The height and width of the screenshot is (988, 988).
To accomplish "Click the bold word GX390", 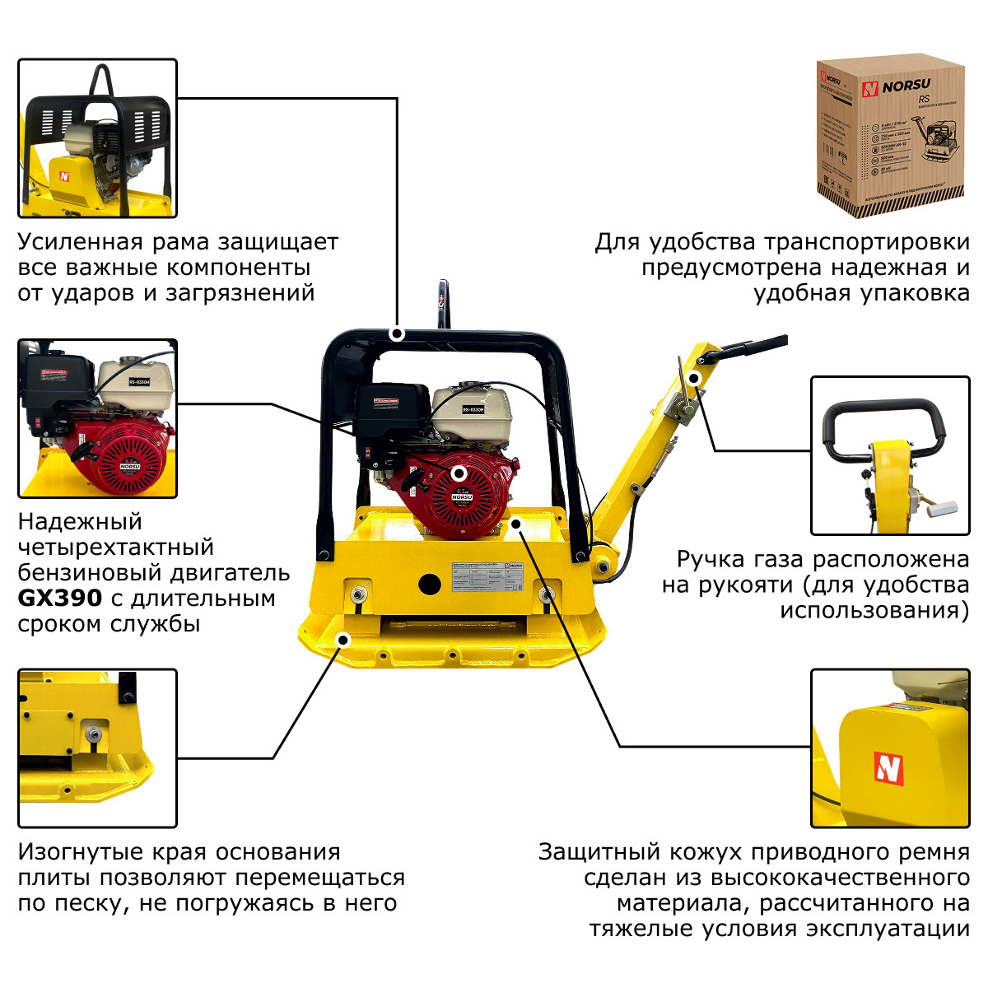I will [59, 598].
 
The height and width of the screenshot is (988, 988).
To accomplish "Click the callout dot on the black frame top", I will [397, 333].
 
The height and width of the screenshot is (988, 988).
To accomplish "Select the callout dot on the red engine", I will [459, 473].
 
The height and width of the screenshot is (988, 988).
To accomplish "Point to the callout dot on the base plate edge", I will [343, 640].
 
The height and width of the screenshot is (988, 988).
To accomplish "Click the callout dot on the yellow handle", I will [694, 378].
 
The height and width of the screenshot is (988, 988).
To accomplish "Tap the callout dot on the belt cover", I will [515, 523].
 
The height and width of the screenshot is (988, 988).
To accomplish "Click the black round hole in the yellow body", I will [429, 584].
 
